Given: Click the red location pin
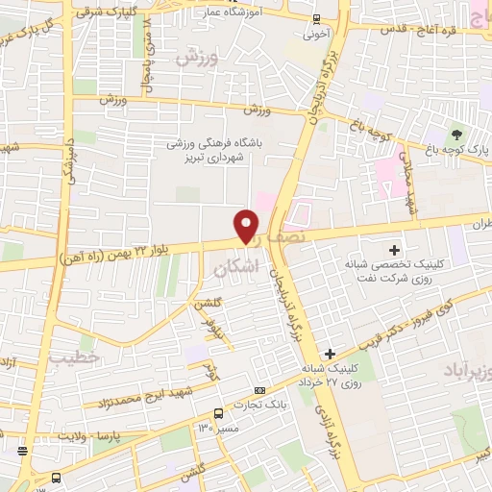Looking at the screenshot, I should tap(247, 226).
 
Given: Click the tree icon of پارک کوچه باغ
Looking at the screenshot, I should tap(457, 133).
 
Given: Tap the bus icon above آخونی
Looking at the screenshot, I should tap(316, 18).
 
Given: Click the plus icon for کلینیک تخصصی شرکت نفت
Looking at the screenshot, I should tap(394, 249).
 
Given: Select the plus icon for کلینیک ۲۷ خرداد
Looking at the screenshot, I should tap(330, 354).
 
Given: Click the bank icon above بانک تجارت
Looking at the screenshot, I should tap(260, 390).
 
